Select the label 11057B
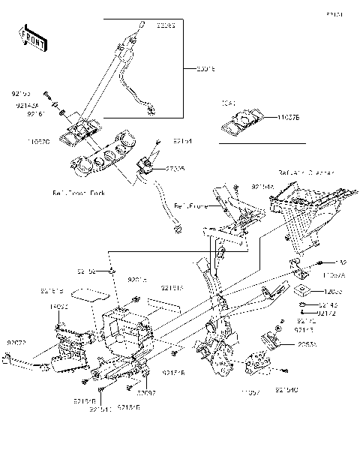point(288,117)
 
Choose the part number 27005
point(175,169)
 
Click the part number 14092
point(59,307)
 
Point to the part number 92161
point(36,114)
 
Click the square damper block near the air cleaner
point(303,291)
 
